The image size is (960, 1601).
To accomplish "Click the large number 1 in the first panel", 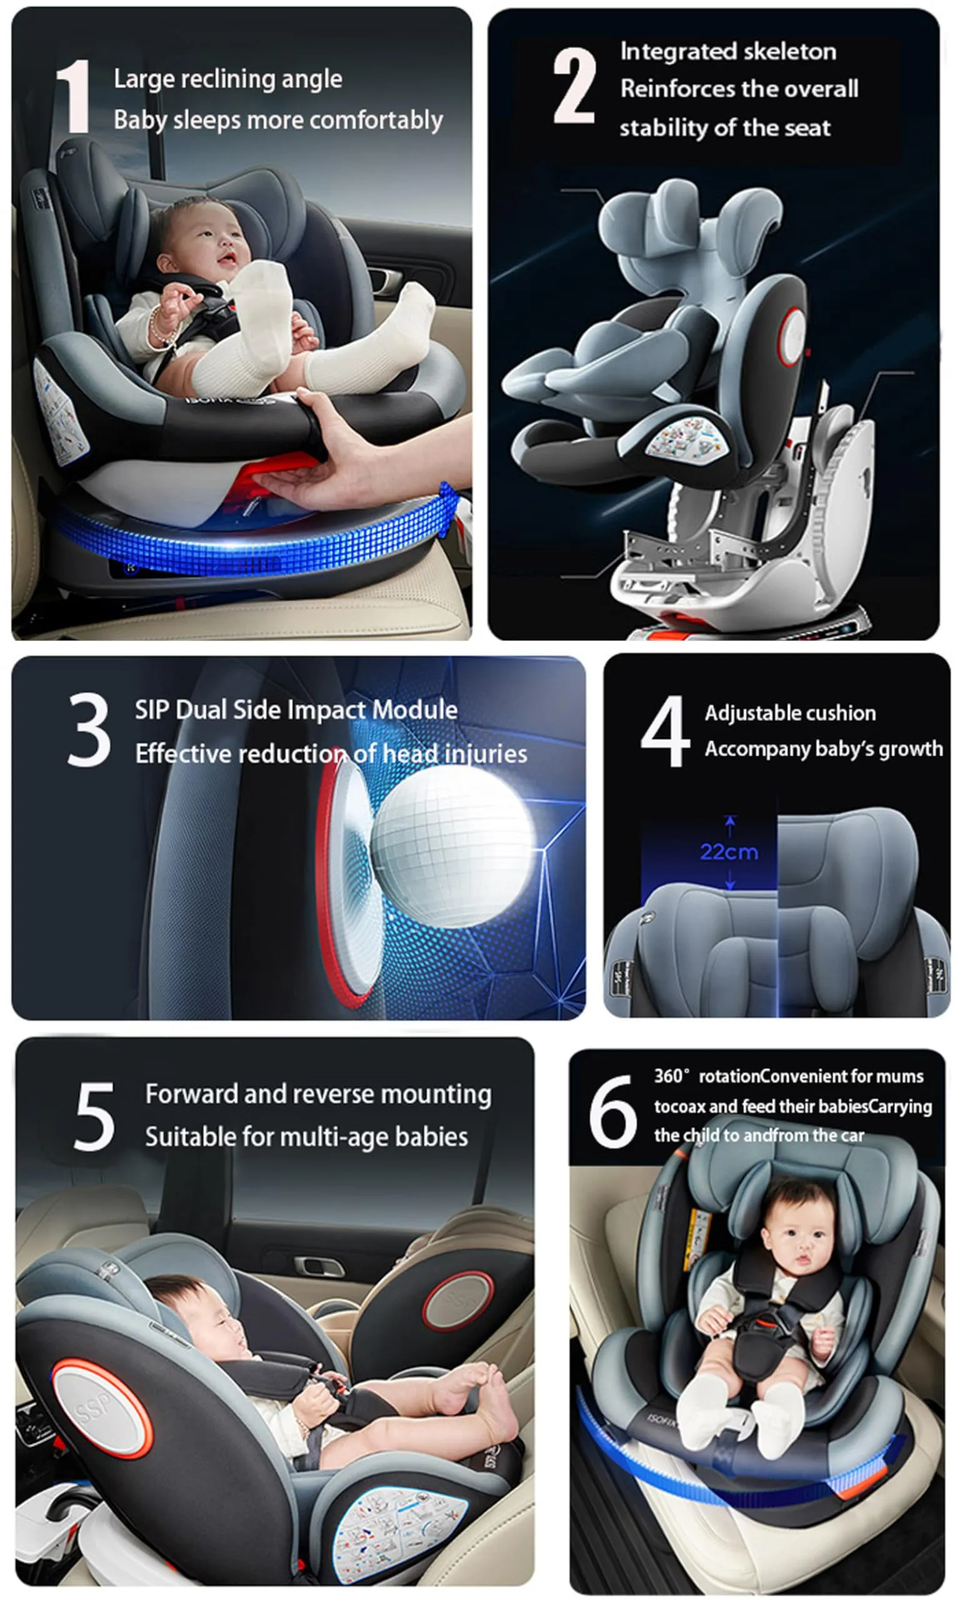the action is pyautogui.click(x=72, y=96).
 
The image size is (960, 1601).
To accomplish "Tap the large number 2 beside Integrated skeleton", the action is pyautogui.click(x=574, y=86).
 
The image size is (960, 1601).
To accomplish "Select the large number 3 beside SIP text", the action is pyautogui.click(x=89, y=729).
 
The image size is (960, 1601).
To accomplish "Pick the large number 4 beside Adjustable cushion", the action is pyautogui.click(x=664, y=731).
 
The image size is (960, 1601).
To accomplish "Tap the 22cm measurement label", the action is pyautogui.click(x=729, y=852).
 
